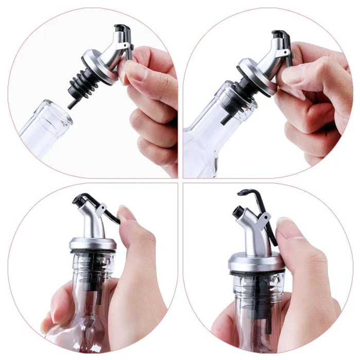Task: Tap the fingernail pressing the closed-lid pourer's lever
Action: click(127, 213)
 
